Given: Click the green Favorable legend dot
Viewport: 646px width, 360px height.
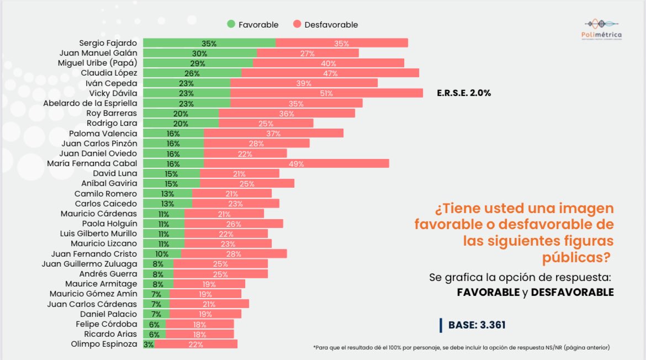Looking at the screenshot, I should click(231, 24).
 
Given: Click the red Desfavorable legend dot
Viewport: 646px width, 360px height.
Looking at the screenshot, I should click(296, 24).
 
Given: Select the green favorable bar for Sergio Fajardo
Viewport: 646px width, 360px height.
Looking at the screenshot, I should click(209, 43).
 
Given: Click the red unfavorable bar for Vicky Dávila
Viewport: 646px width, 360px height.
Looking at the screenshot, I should click(326, 93).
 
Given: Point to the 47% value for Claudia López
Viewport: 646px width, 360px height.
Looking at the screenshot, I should click(330, 73).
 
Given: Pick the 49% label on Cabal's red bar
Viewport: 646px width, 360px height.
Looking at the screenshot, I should click(296, 163).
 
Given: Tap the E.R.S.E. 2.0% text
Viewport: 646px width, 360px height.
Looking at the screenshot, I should click(463, 93).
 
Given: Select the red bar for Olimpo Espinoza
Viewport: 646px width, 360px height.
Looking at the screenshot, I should click(196, 345).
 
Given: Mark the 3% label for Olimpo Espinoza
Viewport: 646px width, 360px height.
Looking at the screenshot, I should click(149, 345).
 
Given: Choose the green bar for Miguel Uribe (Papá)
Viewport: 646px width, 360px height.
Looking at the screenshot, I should click(198, 63).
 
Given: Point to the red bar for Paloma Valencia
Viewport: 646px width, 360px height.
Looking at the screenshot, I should click(273, 134).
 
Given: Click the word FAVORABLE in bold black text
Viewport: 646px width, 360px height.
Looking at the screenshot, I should click(488, 293).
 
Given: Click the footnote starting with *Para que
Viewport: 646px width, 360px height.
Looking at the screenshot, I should click(461, 347).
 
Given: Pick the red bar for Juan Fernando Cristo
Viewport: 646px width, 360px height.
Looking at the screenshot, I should click(234, 253).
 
